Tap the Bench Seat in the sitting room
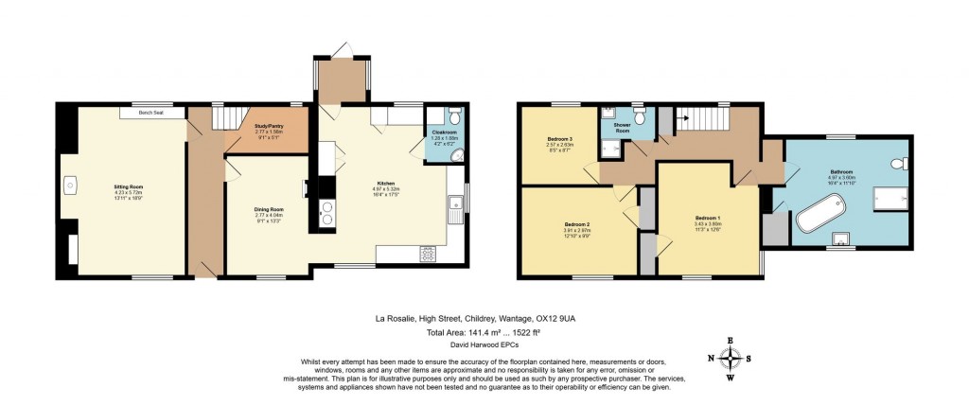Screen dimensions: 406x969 146,113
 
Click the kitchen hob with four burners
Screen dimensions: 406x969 428,253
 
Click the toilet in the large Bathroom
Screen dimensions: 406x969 898,165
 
